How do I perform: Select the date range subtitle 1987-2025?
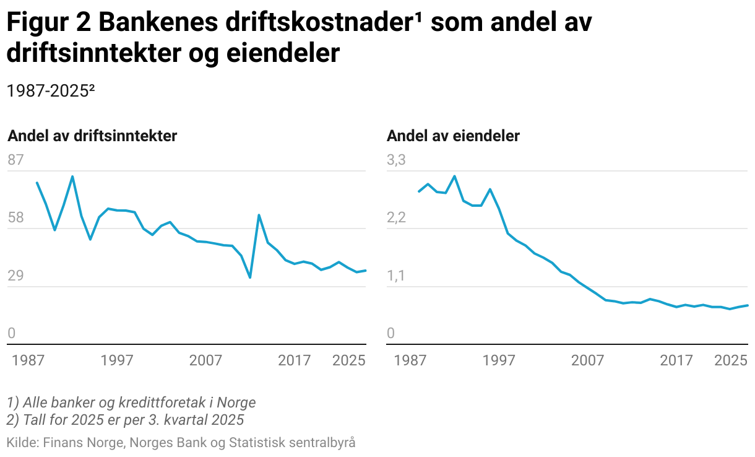pyautogui.click(x=50, y=90)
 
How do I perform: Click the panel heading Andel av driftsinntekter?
pyautogui.click(x=92, y=136)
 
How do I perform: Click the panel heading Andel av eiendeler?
pyautogui.click(x=453, y=136)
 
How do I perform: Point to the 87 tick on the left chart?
pyautogui.click(x=15, y=160)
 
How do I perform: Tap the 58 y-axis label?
pyautogui.click(x=15, y=218)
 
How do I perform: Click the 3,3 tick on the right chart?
pyautogui.click(x=396, y=160)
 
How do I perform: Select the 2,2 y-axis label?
pyautogui.click(x=396, y=218)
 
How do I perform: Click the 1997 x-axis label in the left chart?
pyautogui.click(x=117, y=360)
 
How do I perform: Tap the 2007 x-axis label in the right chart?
pyautogui.click(x=587, y=360)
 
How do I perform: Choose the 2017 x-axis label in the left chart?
pyautogui.click(x=294, y=360)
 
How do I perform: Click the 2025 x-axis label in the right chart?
pyautogui.click(x=731, y=360)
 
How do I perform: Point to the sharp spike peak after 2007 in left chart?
pyautogui.click(x=259, y=215)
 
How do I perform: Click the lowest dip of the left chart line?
pyautogui.click(x=250, y=277)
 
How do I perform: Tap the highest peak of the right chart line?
pyautogui.click(x=455, y=176)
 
